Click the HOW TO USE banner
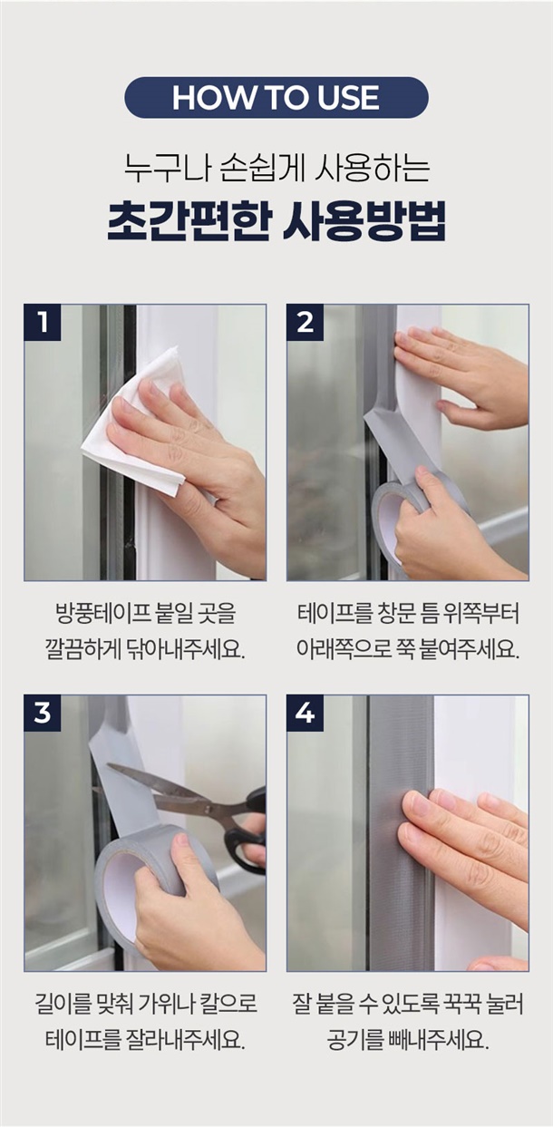click(276, 98)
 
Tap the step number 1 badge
click(43, 322)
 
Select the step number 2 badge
click(305, 322)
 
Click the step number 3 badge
click(43, 713)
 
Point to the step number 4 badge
click(305, 713)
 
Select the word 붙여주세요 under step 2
click(468, 650)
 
